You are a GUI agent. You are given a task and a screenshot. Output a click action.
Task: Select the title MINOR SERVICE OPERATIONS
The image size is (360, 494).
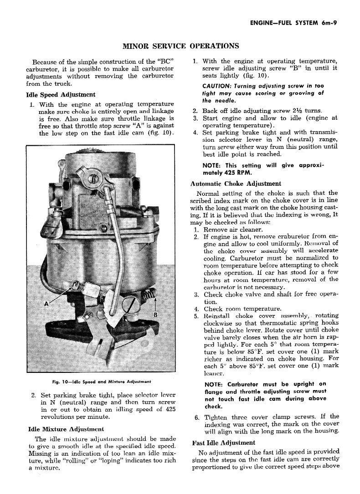pos(181,46)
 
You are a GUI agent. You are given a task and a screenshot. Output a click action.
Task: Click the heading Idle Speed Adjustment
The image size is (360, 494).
pos(61,95)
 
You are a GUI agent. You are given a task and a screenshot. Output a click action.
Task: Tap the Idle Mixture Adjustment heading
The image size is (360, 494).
pos(66,428)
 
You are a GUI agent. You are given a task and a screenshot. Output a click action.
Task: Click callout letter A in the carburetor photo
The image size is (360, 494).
pos(46,304)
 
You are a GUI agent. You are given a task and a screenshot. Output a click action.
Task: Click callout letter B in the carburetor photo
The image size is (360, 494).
pos(155,315)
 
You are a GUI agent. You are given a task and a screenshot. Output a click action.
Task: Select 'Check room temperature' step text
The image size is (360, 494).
pos(242,308)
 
